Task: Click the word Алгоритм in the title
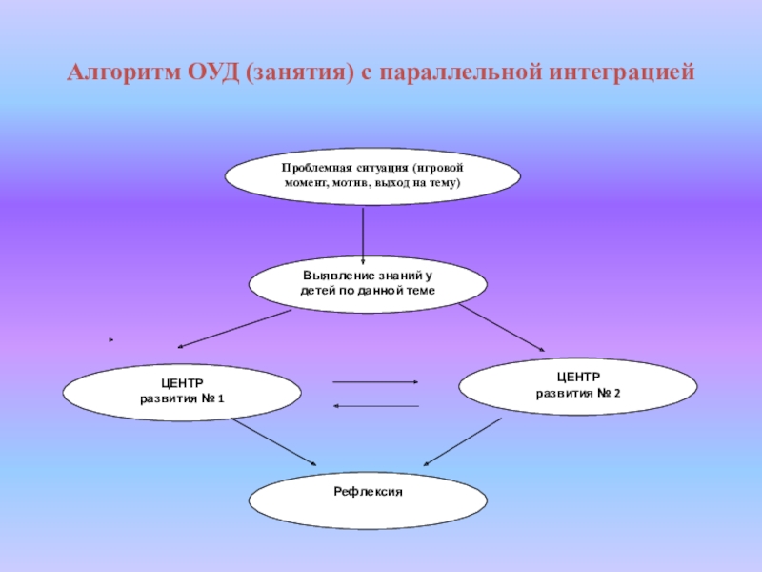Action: (x=120, y=72)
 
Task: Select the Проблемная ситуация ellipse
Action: (x=372, y=174)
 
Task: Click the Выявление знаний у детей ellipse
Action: (x=368, y=282)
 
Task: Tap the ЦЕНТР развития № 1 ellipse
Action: (x=182, y=392)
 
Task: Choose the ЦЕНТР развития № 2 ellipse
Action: (x=578, y=385)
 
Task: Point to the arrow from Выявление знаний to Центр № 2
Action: (x=502, y=328)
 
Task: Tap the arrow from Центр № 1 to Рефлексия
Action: (x=273, y=443)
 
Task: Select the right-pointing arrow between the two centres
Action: (x=375, y=381)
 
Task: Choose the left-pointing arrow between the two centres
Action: (x=375, y=405)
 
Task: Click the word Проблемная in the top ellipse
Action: (x=315, y=167)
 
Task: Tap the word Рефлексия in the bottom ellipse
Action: (x=368, y=492)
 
